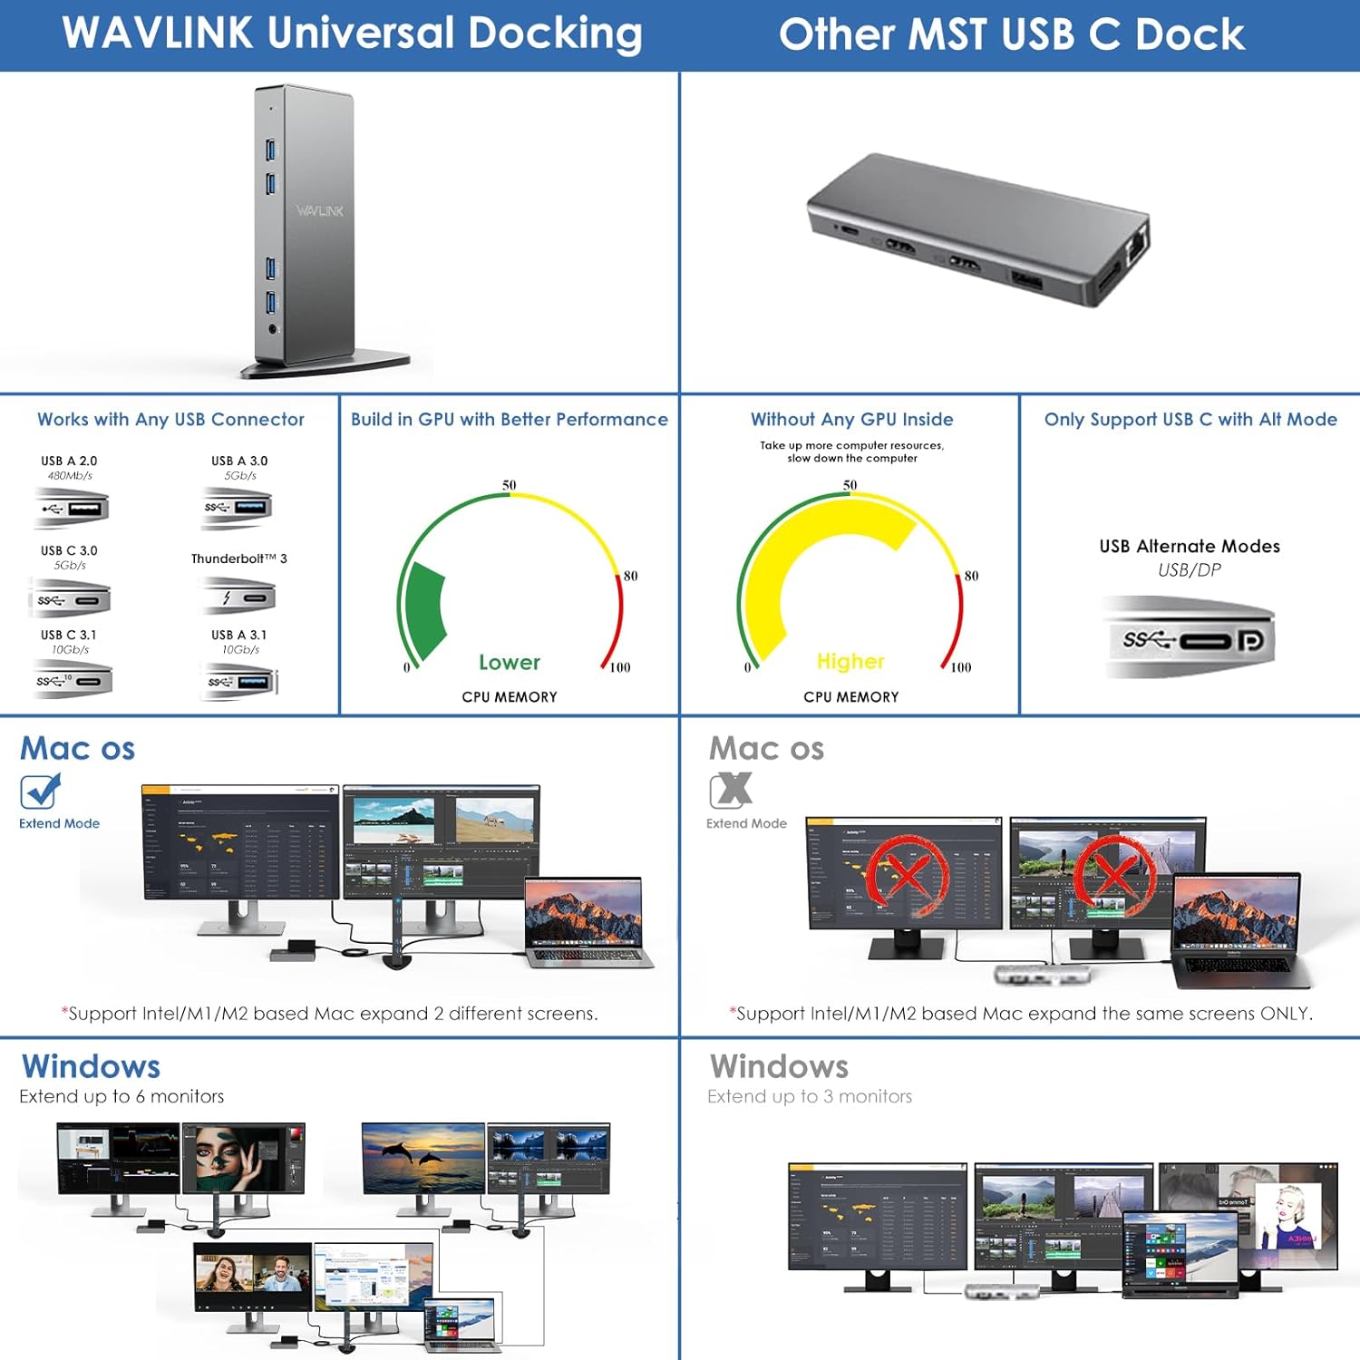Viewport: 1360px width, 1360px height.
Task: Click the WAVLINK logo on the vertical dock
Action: pyautogui.click(x=319, y=210)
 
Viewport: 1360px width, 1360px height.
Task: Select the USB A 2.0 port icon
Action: pyautogui.click(x=73, y=508)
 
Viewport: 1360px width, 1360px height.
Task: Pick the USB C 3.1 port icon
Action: pyautogui.click(x=73, y=681)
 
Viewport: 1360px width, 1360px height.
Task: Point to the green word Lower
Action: pyautogui.click(x=509, y=663)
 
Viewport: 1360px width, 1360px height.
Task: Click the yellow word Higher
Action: pyautogui.click(x=850, y=662)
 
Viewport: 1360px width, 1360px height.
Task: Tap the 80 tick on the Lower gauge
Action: pyautogui.click(x=630, y=576)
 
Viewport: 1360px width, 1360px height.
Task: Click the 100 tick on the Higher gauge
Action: pyautogui.click(x=960, y=667)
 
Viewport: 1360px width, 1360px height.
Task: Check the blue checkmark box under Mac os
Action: pyautogui.click(x=39, y=792)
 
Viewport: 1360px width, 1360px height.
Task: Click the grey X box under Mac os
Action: pyautogui.click(x=731, y=791)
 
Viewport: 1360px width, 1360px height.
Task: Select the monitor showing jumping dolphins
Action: pyautogui.click(x=423, y=1159)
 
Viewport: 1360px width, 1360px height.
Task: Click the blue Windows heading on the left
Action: pyautogui.click(x=91, y=1066)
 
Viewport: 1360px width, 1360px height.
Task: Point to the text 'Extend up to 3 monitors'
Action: pyautogui.click(x=810, y=1096)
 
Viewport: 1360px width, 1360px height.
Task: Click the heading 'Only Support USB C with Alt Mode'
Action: pyautogui.click(x=1190, y=419)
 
